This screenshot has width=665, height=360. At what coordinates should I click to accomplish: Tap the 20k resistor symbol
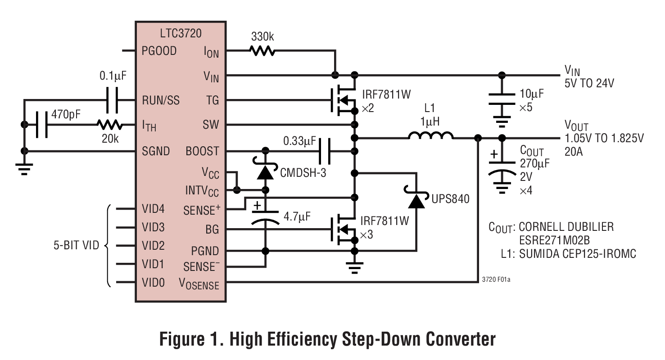(109, 125)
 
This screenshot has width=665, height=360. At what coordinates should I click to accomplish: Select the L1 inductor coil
(430, 136)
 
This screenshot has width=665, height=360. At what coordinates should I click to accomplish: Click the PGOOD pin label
(159, 51)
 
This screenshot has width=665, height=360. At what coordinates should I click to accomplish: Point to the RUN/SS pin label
(160, 100)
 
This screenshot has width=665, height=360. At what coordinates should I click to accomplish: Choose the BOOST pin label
(202, 151)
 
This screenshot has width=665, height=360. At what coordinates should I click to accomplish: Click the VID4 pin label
(153, 209)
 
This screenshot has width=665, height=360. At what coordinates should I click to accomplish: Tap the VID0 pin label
(153, 283)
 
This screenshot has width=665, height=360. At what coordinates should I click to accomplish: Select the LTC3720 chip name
(181, 33)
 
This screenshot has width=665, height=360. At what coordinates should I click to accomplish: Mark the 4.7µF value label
(297, 217)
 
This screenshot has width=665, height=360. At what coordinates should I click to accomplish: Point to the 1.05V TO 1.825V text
(604, 139)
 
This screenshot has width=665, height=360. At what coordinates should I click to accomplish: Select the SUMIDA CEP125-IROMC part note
(578, 254)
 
